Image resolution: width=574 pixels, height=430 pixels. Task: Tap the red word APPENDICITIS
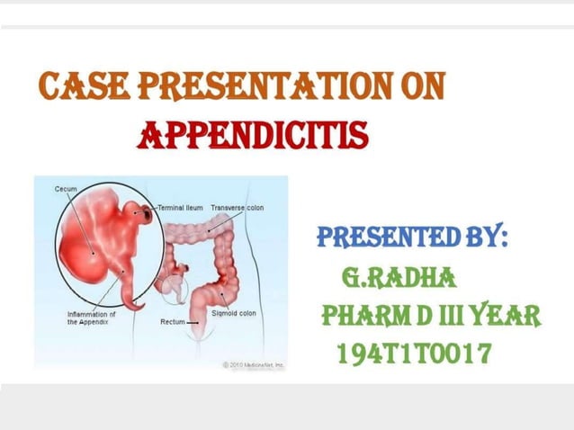(x=253, y=135)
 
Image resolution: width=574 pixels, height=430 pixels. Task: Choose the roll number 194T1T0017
(x=413, y=354)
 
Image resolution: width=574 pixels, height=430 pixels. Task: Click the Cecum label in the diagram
(x=65, y=189)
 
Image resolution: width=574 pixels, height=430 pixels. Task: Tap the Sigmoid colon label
(x=233, y=313)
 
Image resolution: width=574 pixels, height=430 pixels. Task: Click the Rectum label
(x=172, y=321)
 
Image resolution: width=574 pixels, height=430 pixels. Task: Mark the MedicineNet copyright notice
(x=253, y=364)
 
